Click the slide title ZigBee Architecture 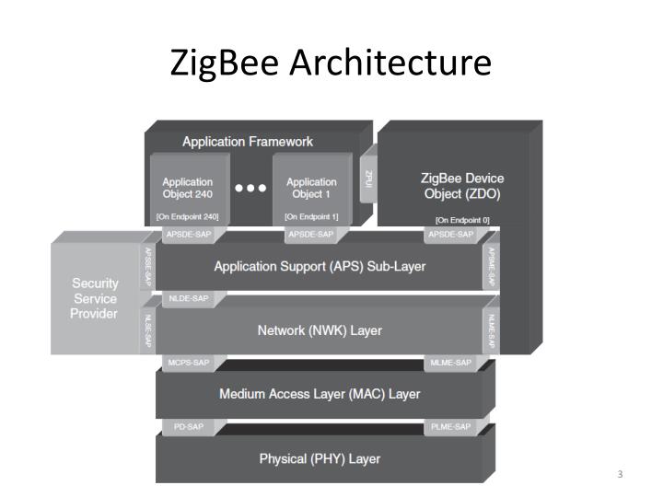click(331, 64)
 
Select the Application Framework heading click(248, 142)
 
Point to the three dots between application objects click(250, 188)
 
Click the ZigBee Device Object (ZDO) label click(462, 186)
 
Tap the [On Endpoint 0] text click(462, 220)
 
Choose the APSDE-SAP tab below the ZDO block click(450, 236)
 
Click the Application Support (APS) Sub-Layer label click(320, 266)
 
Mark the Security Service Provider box click(94, 299)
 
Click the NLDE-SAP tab click(188, 299)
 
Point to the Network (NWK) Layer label click(320, 329)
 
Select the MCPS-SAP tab click(188, 364)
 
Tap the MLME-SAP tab click(450, 364)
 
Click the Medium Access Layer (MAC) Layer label click(320, 394)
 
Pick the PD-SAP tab click(188, 427)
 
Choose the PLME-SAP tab click(450, 427)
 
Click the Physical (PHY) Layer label click(320, 458)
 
